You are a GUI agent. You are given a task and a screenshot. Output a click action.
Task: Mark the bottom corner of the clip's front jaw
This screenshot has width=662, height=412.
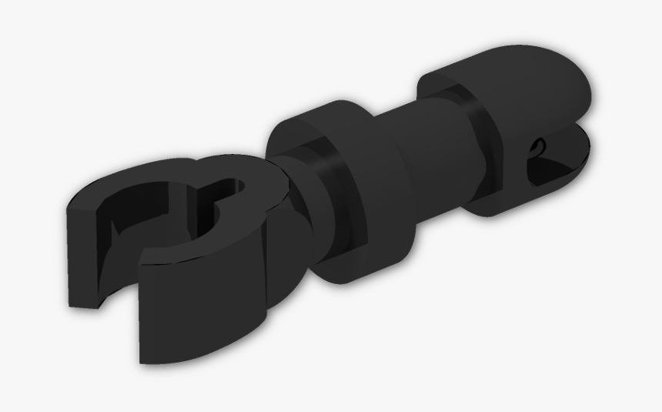(x=143, y=359)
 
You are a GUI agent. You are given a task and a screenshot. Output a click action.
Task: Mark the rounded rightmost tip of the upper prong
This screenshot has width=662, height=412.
(x=591, y=92)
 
